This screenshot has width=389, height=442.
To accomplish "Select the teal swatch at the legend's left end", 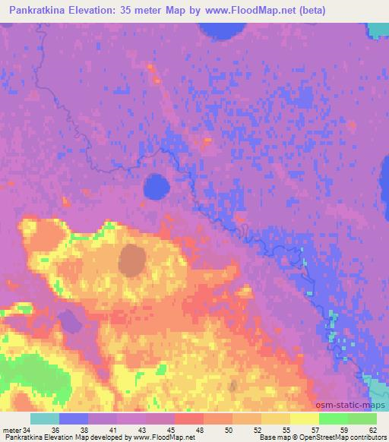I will click(x=44, y=419).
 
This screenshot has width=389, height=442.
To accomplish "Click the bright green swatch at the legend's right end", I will click(x=361, y=419).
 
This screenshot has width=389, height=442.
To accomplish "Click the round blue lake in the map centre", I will click(x=157, y=186).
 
